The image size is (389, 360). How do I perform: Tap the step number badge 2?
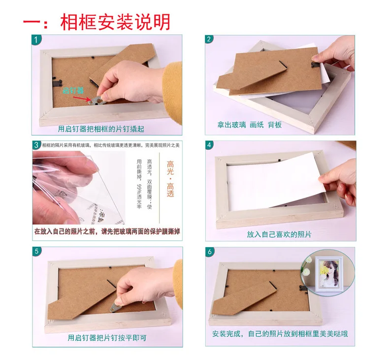pyautogui.click(x=210, y=39)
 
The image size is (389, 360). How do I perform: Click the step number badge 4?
pyautogui.click(x=210, y=145)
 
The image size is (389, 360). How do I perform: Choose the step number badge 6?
pyautogui.click(x=210, y=251)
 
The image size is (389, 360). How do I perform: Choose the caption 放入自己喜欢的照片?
pyautogui.click(x=279, y=234)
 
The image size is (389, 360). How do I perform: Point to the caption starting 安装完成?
pyautogui.click(x=280, y=333)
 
